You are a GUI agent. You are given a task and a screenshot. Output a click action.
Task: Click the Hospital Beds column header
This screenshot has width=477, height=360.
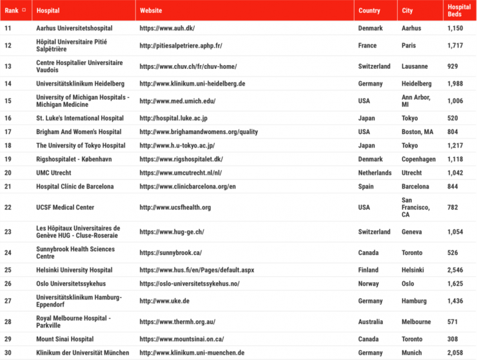coord(459,10)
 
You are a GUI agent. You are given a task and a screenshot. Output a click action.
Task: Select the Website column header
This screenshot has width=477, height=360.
coord(151,10)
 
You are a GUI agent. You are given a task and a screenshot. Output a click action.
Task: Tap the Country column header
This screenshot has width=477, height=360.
coord(369,10)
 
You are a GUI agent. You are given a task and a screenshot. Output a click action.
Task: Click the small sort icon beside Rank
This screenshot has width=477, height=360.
coord(24,10)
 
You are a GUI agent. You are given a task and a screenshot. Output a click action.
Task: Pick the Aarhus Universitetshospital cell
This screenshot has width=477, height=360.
coord(74,28)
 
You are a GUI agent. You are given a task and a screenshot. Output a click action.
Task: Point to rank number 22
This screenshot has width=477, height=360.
coord(8,207)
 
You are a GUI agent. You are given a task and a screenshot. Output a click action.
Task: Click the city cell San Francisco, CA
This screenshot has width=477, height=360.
coord(416,207)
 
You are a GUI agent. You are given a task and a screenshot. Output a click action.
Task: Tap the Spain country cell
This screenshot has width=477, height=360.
coord(367,187)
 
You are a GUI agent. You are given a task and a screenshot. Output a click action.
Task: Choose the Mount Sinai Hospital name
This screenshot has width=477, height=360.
coord(64,339)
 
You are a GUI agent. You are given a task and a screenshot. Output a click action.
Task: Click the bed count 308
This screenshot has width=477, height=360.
coord(453,339)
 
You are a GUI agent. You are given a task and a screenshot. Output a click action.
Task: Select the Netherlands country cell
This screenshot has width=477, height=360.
coord(375,173)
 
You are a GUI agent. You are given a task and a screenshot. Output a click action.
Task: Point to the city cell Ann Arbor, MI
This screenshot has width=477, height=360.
coord(416,100)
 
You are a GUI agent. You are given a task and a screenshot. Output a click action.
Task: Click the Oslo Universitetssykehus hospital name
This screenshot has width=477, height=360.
coord(71,283)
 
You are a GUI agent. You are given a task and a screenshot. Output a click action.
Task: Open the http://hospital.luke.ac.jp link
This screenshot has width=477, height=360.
coord(173,118)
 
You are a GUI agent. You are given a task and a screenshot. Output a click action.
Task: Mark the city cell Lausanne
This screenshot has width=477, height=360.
coord(415,66)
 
